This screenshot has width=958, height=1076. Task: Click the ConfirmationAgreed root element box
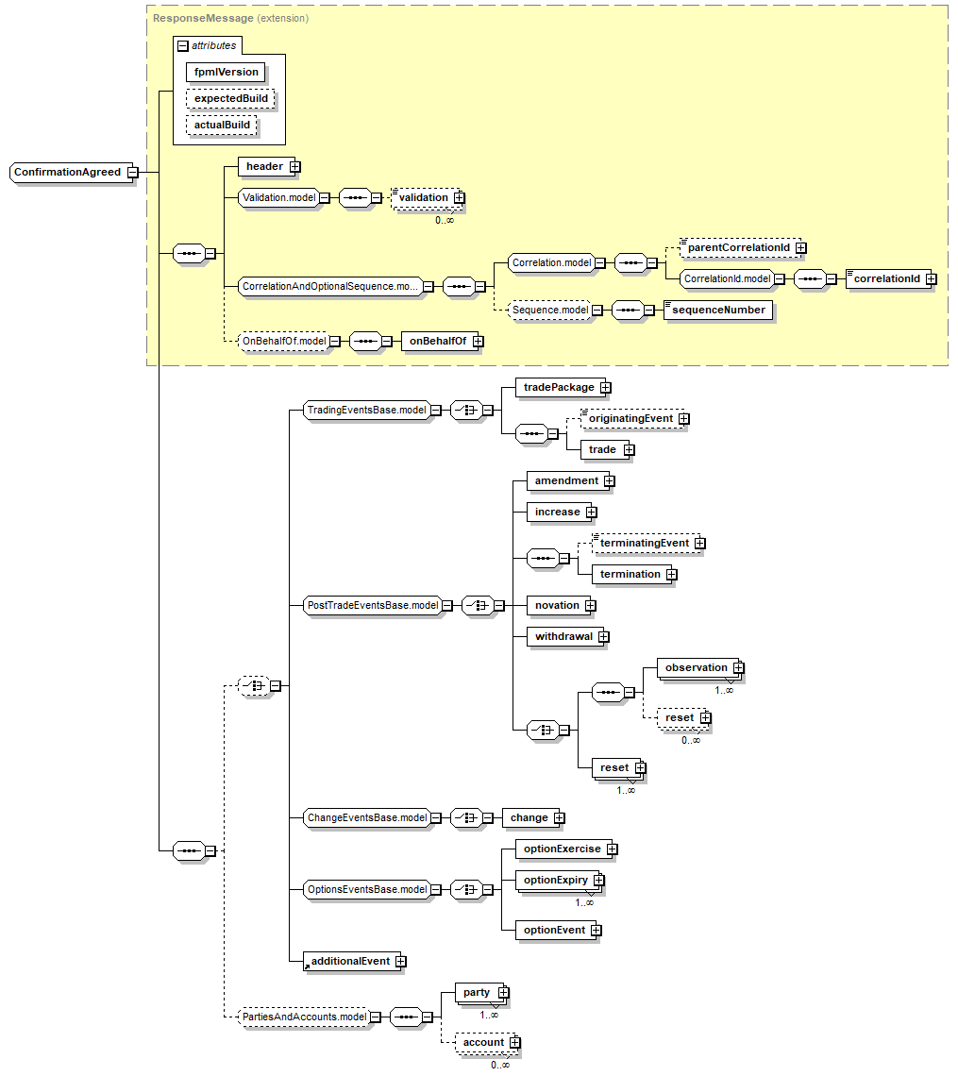[68, 173]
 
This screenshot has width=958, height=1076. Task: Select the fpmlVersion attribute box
[226, 72]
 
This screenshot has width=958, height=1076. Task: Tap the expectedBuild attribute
[230, 98]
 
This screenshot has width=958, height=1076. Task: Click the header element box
[264, 167]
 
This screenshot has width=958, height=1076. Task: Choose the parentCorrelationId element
[738, 247]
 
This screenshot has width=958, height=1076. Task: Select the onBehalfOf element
[436, 342]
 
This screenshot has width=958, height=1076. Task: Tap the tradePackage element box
[559, 388]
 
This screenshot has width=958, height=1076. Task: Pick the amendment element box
[566, 481]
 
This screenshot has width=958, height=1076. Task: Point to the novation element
[556, 606]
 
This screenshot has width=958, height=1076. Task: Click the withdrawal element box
[563, 637]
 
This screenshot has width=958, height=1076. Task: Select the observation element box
[696, 668]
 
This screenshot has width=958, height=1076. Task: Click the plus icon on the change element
[559, 818]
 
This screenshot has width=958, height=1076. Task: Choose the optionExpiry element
[555, 881]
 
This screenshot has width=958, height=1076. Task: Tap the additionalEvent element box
[349, 962]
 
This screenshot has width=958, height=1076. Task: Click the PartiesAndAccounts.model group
[304, 1017]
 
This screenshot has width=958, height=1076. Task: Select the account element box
[483, 1043]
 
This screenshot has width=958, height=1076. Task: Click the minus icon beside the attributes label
[183, 45]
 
